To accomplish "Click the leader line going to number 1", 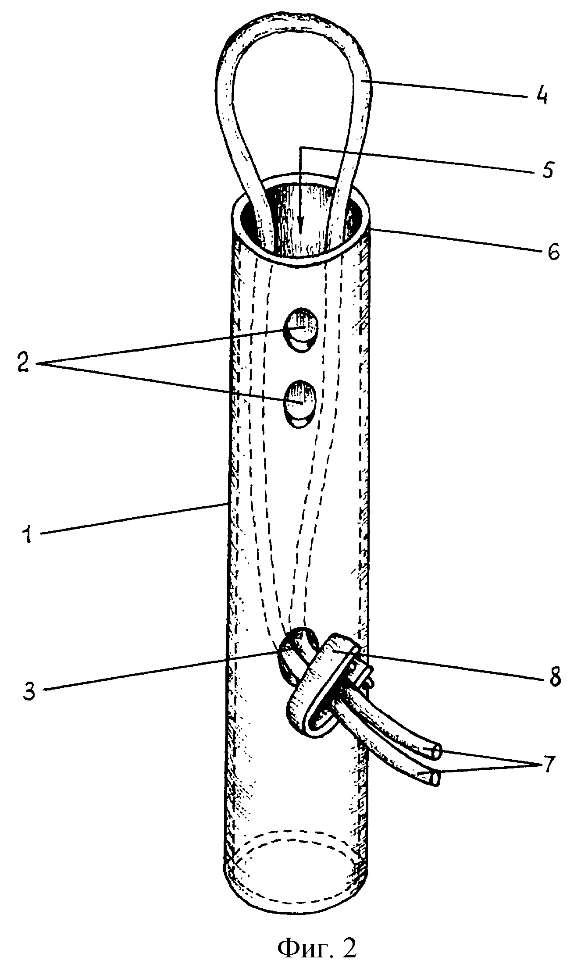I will (x=132, y=519).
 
